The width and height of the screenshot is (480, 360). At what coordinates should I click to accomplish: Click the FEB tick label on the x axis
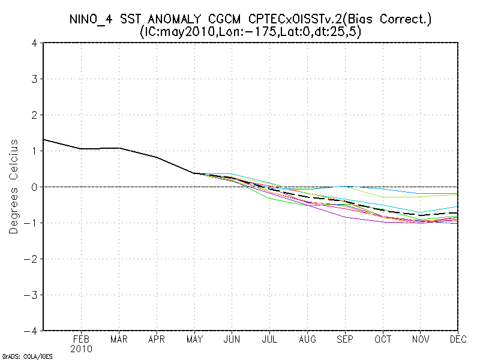(x=81, y=339)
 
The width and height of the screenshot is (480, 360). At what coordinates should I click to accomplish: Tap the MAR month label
(x=119, y=339)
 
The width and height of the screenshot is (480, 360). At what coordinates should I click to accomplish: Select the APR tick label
(x=157, y=339)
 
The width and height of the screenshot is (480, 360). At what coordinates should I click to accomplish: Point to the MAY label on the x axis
(x=194, y=339)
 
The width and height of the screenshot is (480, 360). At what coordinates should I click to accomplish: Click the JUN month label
(x=232, y=339)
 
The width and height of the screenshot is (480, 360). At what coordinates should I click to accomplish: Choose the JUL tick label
(x=269, y=339)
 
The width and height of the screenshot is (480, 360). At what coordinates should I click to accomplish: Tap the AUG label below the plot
(x=307, y=339)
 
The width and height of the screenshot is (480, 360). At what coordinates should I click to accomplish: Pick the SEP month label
(x=345, y=339)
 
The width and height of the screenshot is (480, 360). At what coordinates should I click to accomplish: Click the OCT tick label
(x=383, y=339)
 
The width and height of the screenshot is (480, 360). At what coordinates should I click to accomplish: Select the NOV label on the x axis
(x=421, y=339)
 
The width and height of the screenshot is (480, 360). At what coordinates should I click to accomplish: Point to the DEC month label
(x=458, y=339)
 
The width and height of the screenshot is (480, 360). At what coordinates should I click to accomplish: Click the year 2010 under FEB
(x=81, y=349)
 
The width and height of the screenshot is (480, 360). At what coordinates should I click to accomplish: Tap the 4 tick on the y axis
(x=35, y=43)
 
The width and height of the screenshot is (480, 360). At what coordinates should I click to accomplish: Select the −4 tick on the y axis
(x=32, y=331)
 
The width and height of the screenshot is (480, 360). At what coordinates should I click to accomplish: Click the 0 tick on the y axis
(x=35, y=187)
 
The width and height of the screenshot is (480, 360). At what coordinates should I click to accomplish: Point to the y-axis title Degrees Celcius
(x=13, y=187)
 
